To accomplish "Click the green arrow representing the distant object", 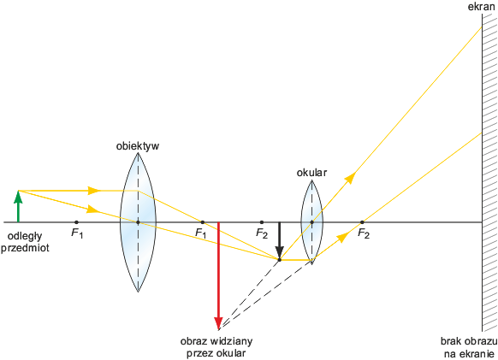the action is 19,206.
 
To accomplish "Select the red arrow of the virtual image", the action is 218,276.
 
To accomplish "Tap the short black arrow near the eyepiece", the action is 279,240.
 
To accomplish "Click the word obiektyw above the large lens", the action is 138,146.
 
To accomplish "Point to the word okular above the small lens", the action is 311,173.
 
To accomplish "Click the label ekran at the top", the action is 481,7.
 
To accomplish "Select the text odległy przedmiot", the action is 25,242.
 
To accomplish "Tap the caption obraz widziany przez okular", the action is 216,347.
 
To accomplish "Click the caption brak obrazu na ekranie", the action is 469,347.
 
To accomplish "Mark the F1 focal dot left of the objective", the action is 76,222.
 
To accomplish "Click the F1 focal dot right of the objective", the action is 203,222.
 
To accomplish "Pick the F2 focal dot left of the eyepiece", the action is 261,222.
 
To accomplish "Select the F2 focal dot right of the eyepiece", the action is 362,222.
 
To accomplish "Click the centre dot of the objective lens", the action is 138,222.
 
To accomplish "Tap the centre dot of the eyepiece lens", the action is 311,222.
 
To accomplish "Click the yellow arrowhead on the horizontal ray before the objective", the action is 94,191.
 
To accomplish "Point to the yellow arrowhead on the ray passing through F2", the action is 342,237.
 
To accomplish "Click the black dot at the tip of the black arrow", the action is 280,260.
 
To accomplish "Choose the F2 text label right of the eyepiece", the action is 364,233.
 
